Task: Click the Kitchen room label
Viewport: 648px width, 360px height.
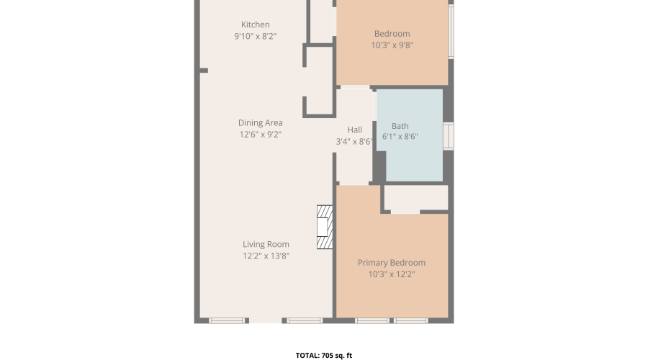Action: point(256,24)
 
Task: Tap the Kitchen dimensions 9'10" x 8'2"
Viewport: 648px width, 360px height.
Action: point(256,37)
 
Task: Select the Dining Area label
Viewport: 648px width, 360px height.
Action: point(261,122)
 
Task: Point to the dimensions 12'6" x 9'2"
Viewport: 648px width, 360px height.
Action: point(261,135)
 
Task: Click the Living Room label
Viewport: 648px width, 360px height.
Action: point(266,244)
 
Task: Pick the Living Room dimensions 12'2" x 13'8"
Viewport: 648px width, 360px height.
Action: point(266,256)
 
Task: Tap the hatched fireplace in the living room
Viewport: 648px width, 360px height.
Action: point(325,227)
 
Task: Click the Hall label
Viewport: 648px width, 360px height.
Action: point(354,130)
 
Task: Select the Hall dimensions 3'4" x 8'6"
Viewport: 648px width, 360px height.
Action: point(354,141)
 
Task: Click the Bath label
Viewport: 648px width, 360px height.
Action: point(400,126)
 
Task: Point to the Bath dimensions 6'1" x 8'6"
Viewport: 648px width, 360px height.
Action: point(400,136)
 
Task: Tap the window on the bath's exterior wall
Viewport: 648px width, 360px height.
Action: point(449,135)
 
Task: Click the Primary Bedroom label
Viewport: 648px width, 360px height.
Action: point(392,263)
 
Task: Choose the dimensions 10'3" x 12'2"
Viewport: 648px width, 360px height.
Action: point(392,274)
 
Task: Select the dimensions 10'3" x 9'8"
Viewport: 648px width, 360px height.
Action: point(392,45)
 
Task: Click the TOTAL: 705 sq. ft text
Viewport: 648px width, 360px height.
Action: point(324,355)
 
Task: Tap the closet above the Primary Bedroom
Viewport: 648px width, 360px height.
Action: point(416,197)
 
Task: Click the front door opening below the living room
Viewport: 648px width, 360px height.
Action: point(265,320)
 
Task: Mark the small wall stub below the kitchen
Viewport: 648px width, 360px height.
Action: point(204,71)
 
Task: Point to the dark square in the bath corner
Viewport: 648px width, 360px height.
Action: point(379,166)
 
